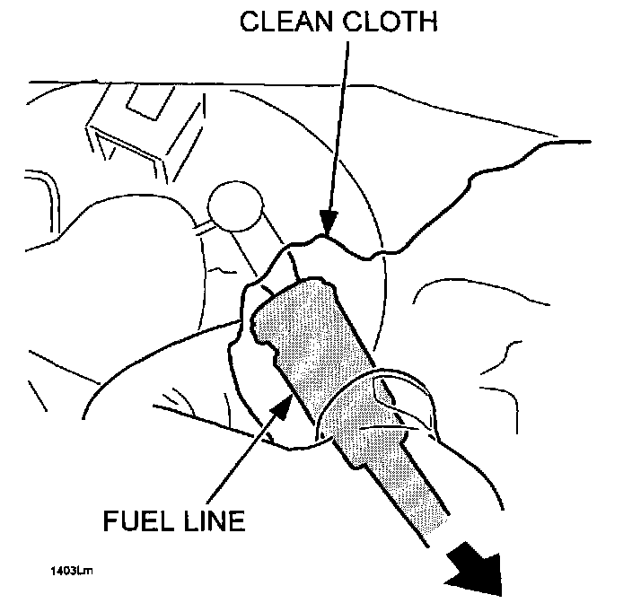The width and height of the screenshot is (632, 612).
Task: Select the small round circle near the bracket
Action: coord(233,204)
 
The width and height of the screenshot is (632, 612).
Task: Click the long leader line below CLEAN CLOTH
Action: coord(334,135)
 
